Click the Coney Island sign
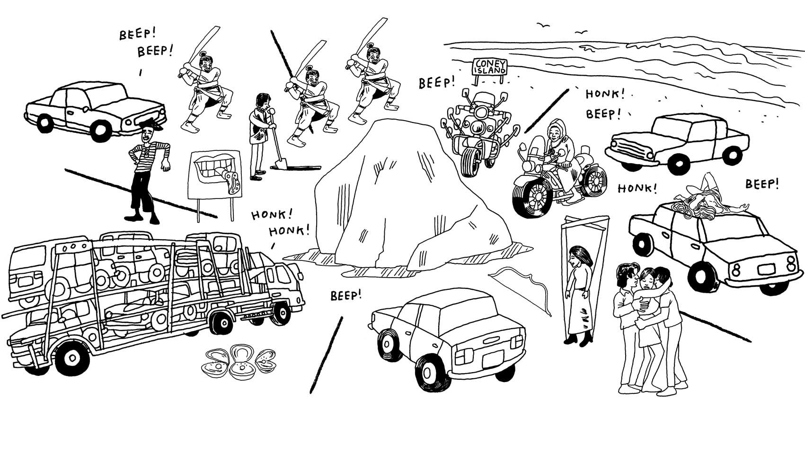(x=490, y=67)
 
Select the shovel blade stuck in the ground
(x=279, y=164)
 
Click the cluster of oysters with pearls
(x=239, y=362)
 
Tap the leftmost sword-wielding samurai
(x=206, y=95)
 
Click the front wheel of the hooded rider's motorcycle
(x=532, y=195)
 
